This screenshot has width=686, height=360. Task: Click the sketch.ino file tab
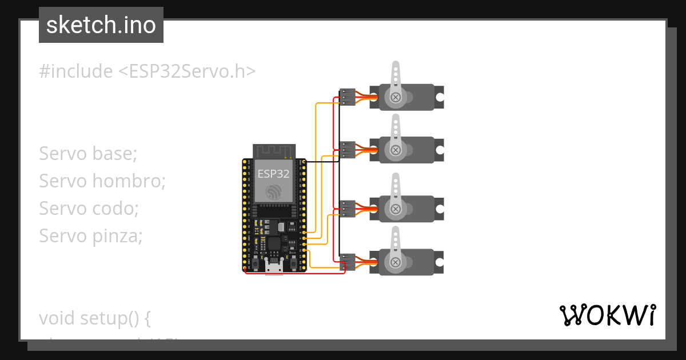tap(101, 25)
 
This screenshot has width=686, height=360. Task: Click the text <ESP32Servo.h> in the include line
tap(187, 71)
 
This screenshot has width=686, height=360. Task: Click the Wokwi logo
tap(607, 315)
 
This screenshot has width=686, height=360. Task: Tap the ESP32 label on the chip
tap(273, 173)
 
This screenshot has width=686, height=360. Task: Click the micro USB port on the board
tap(273, 267)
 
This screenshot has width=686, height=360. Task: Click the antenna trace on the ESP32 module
tap(273, 151)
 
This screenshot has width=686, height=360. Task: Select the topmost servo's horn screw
tap(395, 98)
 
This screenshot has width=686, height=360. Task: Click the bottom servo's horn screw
tap(395, 262)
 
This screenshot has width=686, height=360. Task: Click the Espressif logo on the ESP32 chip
tap(273, 191)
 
